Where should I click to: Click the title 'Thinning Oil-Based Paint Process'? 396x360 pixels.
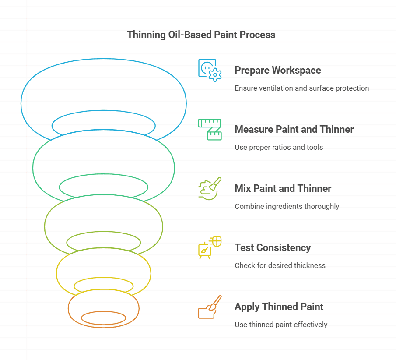pos(201,35)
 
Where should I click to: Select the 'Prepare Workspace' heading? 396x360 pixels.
pos(277,70)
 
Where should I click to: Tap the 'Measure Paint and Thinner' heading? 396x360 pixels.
pos(294,129)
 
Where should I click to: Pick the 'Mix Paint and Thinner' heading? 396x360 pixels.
pos(283,188)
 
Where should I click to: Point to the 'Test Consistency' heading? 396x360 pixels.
pos(273,247)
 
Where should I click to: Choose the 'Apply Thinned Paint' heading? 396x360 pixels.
pos(279,307)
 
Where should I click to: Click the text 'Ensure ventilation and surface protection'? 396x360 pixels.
pos(301,88)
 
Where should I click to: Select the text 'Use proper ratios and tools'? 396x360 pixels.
pos(279,147)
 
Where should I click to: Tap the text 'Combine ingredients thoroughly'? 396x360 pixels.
pos(287,206)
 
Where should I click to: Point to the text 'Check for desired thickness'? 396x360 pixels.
pos(280,265)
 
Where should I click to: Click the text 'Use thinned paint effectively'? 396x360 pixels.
pos(281,325)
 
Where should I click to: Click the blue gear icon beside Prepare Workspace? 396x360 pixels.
pos(210,70)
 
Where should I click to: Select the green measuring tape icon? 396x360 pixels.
pos(210,129)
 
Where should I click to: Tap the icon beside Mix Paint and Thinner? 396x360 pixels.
pos(210,188)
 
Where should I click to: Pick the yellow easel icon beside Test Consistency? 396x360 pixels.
pos(210,247)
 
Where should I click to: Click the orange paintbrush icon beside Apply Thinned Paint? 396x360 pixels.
pos(210,307)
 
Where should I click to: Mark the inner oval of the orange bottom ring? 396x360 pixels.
pos(104,318)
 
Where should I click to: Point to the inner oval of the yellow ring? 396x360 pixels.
pos(104,286)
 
